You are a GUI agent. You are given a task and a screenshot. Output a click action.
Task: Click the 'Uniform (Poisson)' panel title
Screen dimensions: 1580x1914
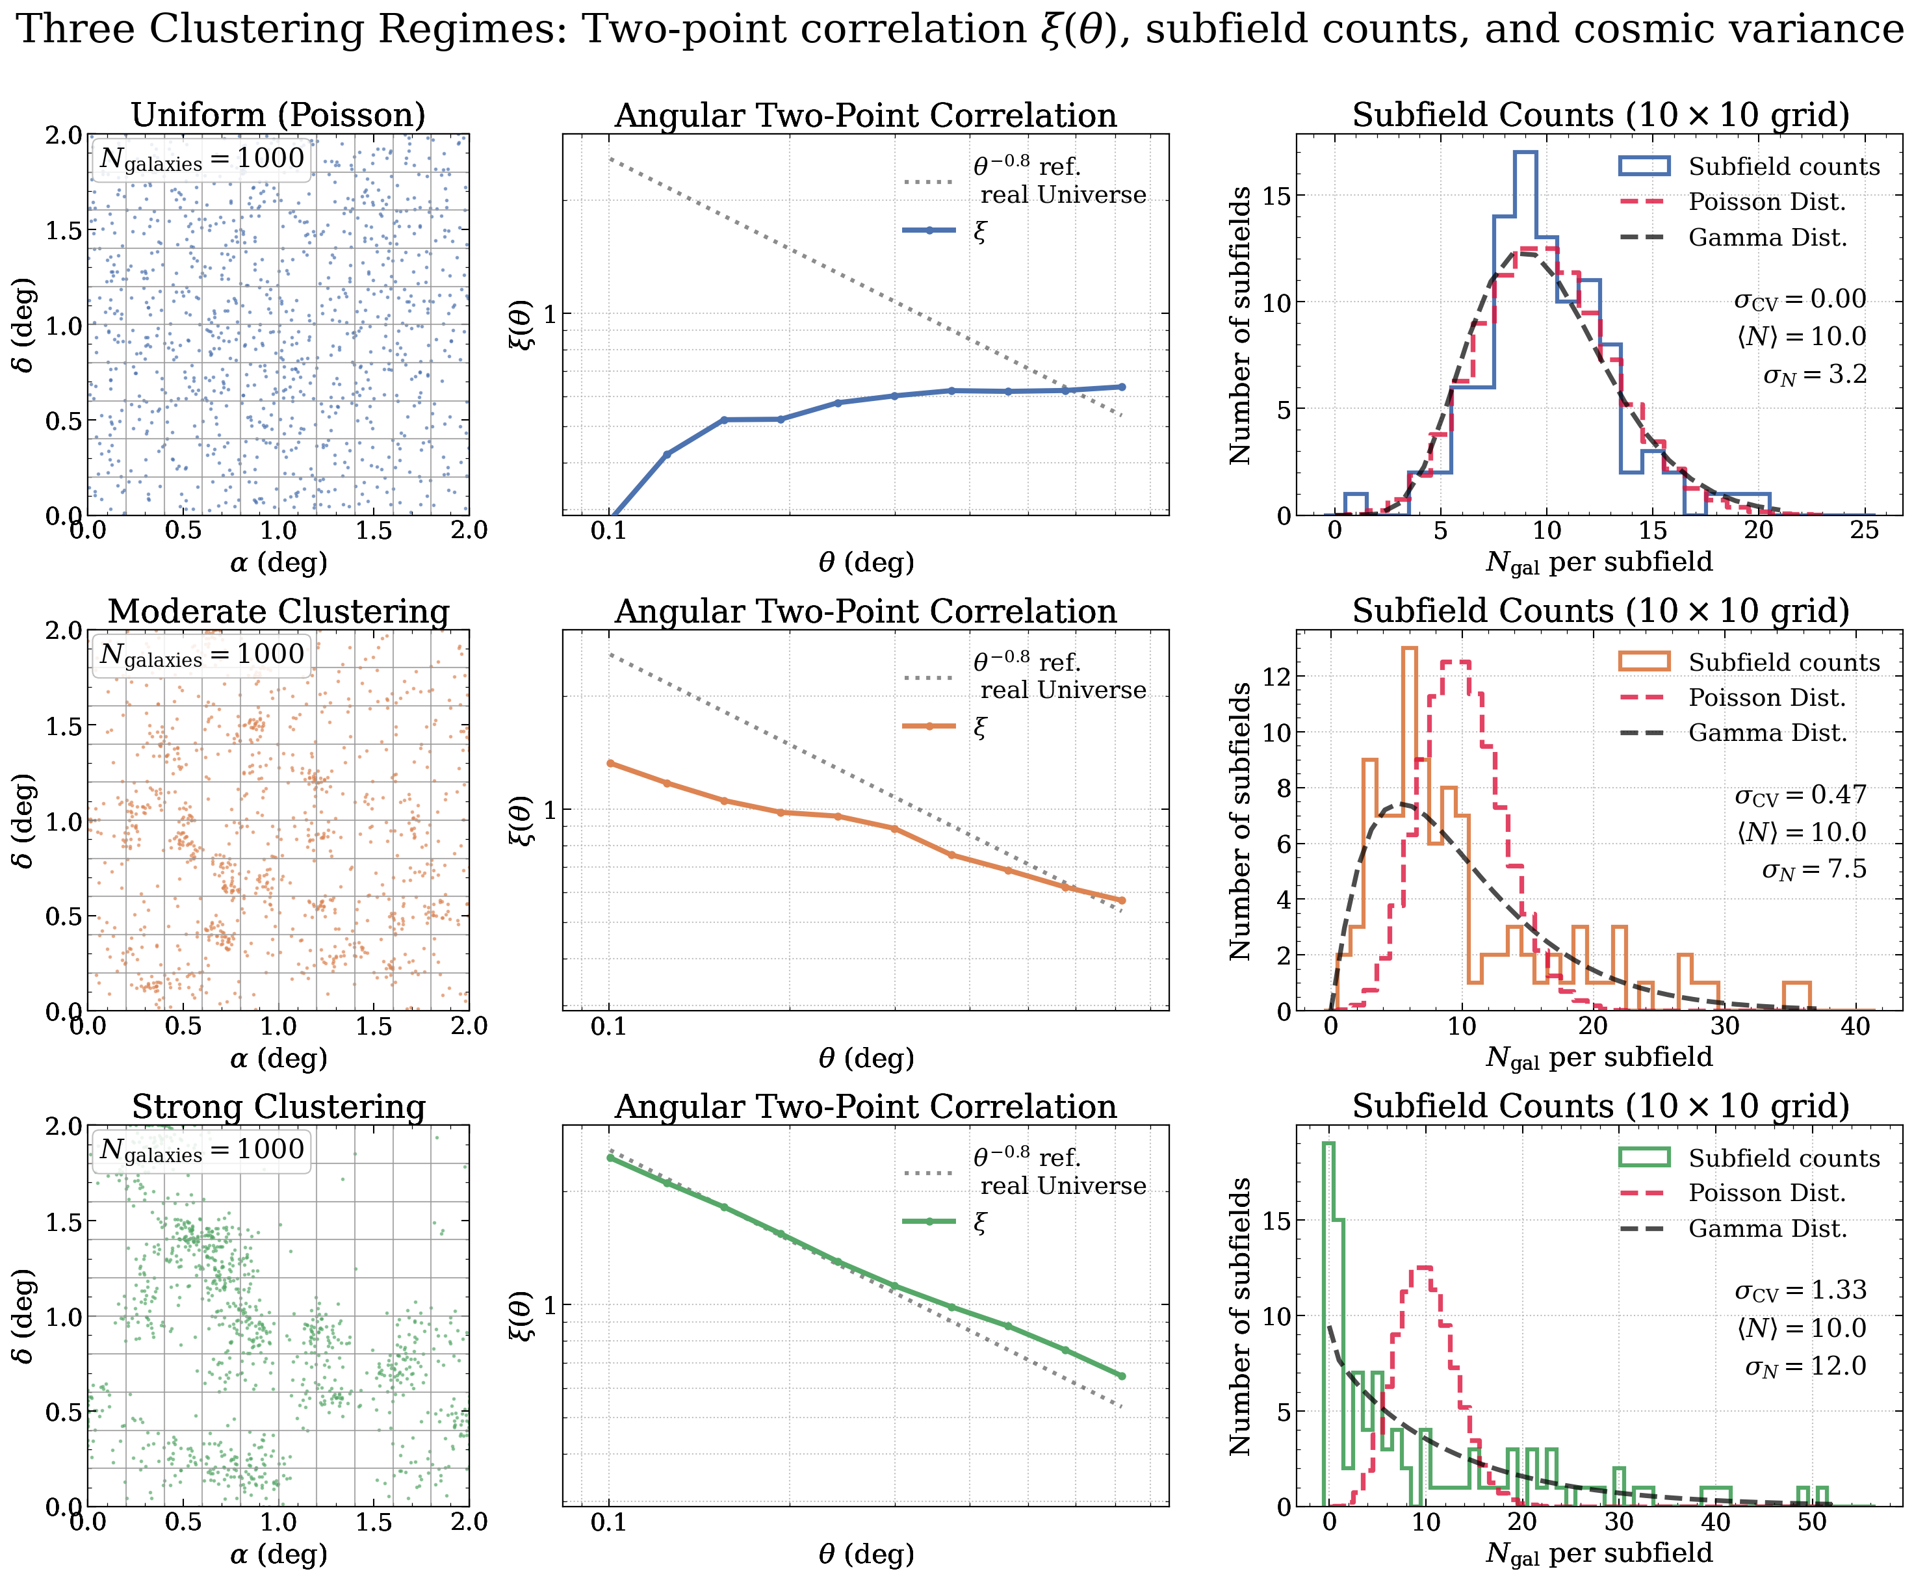coord(279,116)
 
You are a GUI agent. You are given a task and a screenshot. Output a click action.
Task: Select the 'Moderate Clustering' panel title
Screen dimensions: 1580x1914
coord(279,612)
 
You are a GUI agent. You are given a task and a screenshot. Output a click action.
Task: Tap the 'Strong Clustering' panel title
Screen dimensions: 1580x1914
coord(279,1107)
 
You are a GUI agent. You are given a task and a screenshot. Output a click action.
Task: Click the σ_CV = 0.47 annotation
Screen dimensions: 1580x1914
coord(1800,795)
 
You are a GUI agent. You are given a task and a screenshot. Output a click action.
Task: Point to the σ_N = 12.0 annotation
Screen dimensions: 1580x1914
coord(1805,1366)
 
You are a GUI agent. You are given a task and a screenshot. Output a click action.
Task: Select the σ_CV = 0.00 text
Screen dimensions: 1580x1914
coord(1800,300)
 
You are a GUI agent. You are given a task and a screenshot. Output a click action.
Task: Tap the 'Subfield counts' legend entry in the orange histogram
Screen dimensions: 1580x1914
coord(1783,662)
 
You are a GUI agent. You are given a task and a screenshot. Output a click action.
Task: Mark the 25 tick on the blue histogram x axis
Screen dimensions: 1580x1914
coord(1864,530)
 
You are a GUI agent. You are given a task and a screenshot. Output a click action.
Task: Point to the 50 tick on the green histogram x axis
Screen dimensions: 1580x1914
coord(1812,1522)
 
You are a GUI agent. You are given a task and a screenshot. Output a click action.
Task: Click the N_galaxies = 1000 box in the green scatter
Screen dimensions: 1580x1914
coord(201,1150)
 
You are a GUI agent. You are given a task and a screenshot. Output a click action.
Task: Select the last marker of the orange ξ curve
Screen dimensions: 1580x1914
coord(1121,901)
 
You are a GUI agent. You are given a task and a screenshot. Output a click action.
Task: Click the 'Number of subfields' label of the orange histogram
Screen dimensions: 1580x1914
coord(1239,821)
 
